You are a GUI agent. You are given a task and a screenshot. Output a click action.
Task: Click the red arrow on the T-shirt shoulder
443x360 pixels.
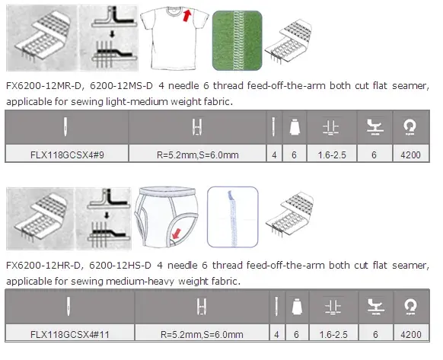(186, 15)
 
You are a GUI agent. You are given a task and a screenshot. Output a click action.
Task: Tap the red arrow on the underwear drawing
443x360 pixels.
(176, 234)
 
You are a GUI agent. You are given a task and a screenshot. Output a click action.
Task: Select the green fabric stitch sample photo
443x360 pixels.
(237, 40)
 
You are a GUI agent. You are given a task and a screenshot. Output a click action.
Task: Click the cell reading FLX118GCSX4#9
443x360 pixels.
(67, 155)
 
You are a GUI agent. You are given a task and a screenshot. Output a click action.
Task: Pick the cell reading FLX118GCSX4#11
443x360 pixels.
(70, 334)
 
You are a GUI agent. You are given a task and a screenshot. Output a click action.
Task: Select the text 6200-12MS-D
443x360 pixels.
(121, 85)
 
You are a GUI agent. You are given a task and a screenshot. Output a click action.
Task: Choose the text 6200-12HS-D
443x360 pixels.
(120, 266)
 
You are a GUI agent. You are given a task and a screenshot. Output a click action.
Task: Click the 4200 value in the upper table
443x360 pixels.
(410, 155)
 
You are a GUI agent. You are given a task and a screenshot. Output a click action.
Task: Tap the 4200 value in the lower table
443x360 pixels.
(411, 335)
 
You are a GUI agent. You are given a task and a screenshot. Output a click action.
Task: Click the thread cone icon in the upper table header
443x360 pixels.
(295, 126)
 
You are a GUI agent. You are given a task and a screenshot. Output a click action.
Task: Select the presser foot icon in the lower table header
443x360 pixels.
(375, 307)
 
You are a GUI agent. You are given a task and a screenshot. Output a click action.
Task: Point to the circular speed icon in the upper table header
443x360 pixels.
(410, 126)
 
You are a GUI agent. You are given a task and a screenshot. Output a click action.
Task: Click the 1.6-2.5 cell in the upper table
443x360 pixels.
(332, 155)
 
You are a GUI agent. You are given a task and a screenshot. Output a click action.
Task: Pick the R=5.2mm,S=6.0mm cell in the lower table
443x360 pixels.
(202, 334)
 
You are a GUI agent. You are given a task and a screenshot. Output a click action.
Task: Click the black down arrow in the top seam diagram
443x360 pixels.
(112, 34)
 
